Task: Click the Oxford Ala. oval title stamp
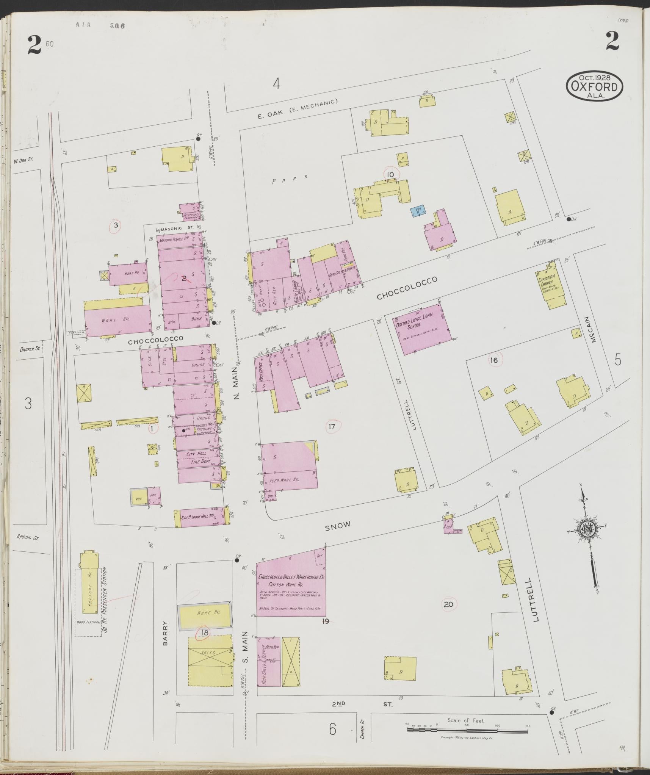(594, 86)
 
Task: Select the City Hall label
(196, 454)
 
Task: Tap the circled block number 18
(205, 633)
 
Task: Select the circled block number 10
(390, 174)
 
